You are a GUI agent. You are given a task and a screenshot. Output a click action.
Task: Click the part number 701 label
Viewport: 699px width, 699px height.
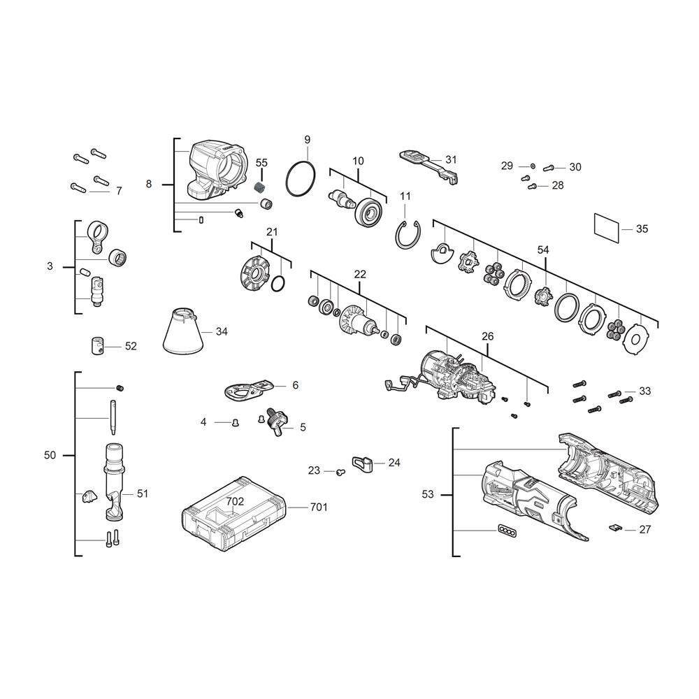pos(318,507)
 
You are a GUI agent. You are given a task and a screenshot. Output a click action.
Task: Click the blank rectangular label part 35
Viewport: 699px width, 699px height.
pos(607,229)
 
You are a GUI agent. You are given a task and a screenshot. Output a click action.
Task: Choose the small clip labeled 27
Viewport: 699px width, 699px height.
pos(616,527)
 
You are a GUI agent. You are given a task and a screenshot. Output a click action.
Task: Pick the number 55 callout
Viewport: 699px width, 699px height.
pos(261,163)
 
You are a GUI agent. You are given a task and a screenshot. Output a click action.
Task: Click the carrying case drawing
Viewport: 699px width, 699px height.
pos(234,514)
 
